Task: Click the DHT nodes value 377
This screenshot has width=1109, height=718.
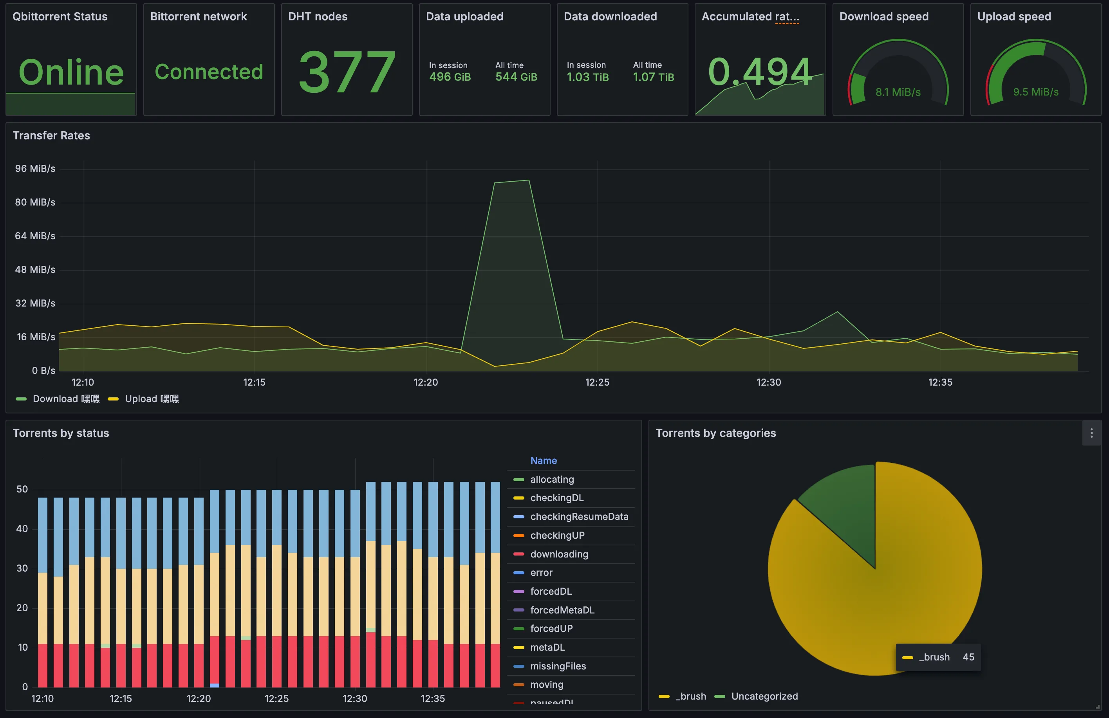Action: [347, 72]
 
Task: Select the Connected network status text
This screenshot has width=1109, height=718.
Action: [209, 72]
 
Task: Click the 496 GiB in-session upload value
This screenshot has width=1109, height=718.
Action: [450, 77]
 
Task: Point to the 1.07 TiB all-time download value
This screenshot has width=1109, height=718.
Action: [653, 77]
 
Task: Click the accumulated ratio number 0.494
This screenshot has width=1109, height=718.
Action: [760, 72]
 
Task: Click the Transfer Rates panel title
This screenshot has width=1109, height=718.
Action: [51, 135]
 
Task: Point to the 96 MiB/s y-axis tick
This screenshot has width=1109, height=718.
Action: [35, 169]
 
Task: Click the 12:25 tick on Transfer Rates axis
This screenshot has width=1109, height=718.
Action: [597, 382]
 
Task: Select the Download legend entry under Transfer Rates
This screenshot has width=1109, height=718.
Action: [65, 399]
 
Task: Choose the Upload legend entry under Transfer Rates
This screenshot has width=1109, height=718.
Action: [151, 399]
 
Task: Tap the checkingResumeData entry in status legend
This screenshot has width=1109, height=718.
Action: [579, 516]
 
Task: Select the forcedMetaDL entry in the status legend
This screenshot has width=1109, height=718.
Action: [562, 610]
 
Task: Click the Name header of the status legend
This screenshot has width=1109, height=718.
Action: [543, 460]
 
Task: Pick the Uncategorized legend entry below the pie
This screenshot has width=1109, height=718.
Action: [764, 696]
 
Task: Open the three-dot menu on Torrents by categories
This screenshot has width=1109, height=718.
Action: [1091, 433]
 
